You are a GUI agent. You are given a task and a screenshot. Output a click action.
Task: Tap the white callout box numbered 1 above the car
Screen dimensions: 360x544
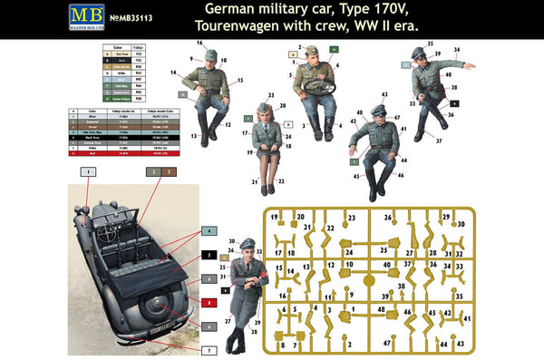[88, 170]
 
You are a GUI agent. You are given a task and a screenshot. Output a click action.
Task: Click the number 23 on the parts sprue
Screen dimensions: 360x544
[351, 218]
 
